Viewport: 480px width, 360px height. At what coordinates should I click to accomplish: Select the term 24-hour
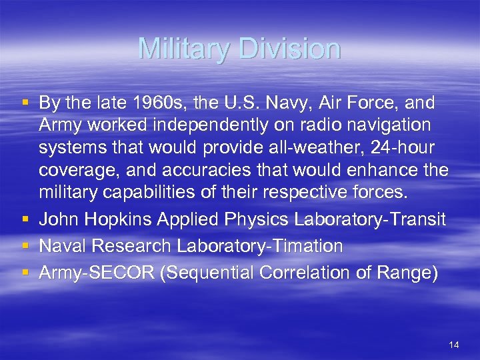[407, 148]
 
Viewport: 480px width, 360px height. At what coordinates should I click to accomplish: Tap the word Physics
[258, 220]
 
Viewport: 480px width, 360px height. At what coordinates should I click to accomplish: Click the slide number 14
[454, 345]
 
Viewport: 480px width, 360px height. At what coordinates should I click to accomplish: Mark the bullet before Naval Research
[26, 247]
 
